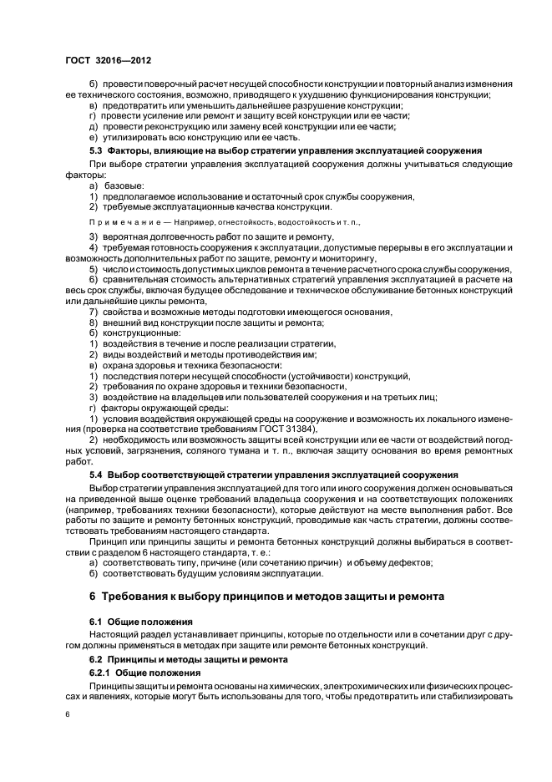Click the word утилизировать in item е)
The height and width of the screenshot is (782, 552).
point(134,137)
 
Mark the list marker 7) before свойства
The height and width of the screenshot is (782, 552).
point(94,312)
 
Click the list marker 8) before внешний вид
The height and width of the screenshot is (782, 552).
point(94,322)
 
